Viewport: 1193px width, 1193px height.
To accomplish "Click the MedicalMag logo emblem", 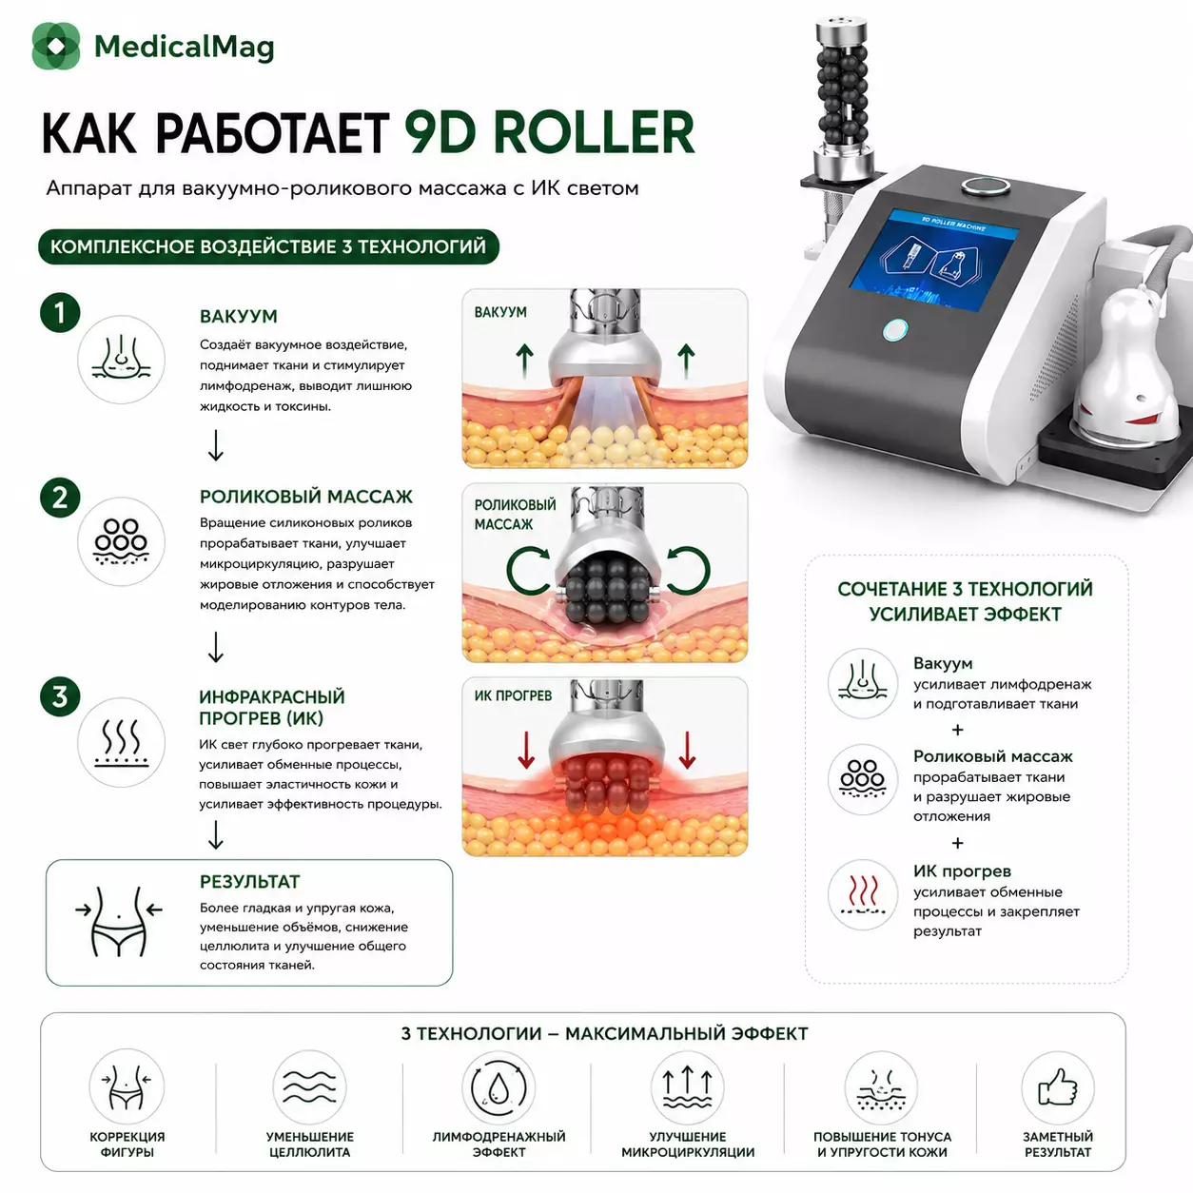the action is (x=56, y=46).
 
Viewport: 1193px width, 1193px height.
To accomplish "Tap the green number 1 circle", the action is (x=60, y=313).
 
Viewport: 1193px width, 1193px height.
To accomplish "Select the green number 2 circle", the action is (x=60, y=498).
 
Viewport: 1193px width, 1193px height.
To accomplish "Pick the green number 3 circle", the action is (x=60, y=696).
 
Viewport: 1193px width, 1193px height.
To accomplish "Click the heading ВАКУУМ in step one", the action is (x=239, y=317).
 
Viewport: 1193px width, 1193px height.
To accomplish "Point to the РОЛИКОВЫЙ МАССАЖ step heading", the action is (x=305, y=497).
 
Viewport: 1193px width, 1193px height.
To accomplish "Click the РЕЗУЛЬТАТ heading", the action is (x=249, y=882).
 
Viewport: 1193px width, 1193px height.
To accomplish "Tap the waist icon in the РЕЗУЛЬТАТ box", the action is (x=119, y=922).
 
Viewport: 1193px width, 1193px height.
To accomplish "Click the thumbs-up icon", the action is (x=1057, y=1087).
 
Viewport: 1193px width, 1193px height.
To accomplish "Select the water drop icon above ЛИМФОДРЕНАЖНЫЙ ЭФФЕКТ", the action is (x=499, y=1087).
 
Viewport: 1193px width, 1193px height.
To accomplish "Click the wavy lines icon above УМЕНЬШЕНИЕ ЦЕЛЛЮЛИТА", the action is (x=309, y=1087).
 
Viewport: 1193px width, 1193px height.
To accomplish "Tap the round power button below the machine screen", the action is (x=895, y=330).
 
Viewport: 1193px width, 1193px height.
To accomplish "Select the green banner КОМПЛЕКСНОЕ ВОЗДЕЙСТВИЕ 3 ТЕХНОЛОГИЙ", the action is (x=268, y=246).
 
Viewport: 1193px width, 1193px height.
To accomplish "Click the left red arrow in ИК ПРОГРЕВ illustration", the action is (x=526, y=751).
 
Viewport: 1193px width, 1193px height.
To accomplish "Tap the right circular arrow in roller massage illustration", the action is (x=689, y=570).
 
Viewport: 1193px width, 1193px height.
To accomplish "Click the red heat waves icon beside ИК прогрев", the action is (x=863, y=894).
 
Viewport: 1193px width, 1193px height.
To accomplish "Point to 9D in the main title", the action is (x=440, y=132).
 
